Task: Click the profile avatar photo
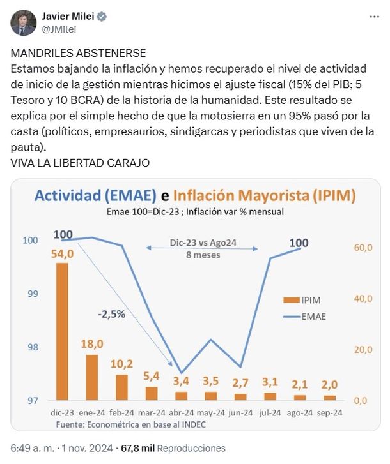(23, 23)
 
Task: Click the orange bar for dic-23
(62, 331)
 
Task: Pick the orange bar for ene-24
(92, 377)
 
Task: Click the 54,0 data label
(63, 254)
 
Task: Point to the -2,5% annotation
(111, 314)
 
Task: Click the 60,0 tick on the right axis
(363, 247)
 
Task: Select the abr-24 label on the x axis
(181, 413)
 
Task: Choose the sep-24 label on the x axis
(330, 413)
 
